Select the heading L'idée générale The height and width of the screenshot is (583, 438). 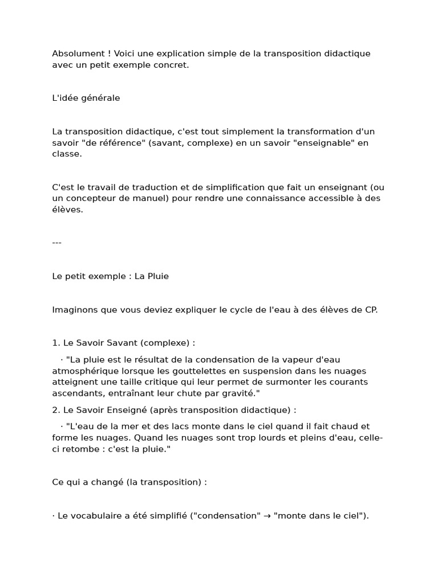pos(86,98)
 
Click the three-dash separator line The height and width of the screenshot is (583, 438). pos(56,243)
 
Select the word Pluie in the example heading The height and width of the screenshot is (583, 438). pos(157,276)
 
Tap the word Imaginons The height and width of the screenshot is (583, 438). pos(74,310)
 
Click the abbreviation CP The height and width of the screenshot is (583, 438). pos(371,310)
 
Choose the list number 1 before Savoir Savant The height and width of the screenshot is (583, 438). pos(55,343)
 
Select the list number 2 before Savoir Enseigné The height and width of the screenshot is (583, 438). pos(55,410)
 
